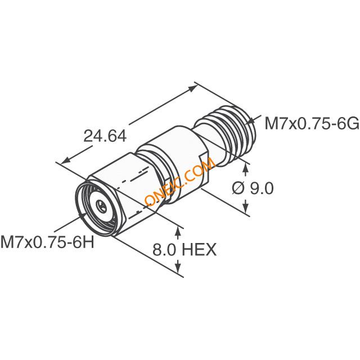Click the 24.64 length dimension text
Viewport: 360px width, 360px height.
click(x=105, y=136)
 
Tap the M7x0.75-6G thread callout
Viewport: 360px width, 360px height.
click(x=312, y=123)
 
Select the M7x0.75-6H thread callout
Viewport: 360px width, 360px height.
click(x=47, y=242)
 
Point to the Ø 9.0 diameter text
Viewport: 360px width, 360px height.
click(x=253, y=189)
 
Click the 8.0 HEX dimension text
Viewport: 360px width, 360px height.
click(x=184, y=250)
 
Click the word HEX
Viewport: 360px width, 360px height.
click(x=199, y=250)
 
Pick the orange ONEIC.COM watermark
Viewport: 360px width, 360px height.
click(x=181, y=182)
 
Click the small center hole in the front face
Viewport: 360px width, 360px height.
click(x=101, y=205)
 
